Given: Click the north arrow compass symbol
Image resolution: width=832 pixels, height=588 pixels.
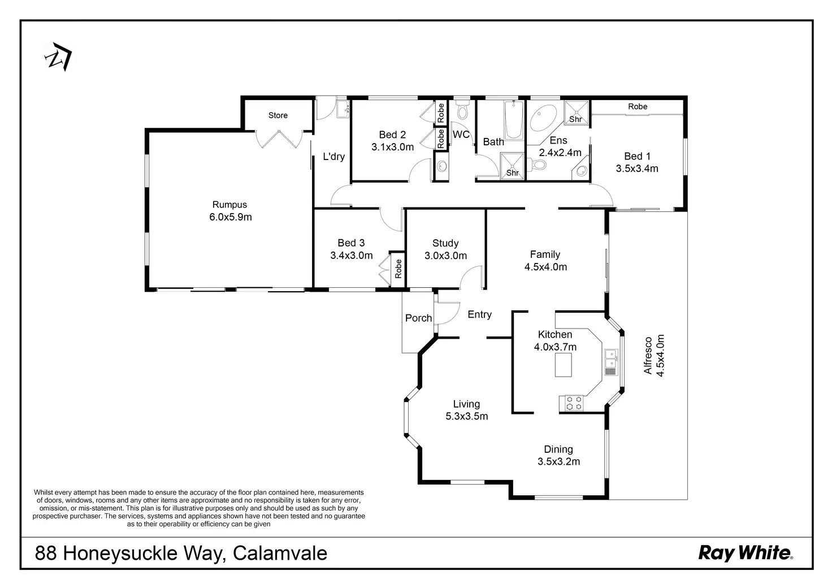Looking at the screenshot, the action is click(58, 57).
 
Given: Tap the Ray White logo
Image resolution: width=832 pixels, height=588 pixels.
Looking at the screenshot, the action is click(746, 552).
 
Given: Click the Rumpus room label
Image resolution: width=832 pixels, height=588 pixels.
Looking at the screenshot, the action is click(229, 205).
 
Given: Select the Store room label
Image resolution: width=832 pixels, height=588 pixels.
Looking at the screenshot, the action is click(278, 115).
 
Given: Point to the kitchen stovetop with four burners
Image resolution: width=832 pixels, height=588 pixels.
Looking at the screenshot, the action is click(574, 403).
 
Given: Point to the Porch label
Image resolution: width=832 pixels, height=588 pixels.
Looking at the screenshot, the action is click(418, 318).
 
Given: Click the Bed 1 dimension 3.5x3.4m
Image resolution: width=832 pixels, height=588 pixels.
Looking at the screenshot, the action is click(637, 168).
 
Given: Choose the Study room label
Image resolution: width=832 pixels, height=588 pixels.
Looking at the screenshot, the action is click(445, 243).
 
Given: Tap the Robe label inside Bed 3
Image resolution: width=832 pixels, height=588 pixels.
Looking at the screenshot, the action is click(398, 269).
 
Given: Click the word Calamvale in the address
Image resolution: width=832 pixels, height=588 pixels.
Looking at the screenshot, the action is click(280, 552).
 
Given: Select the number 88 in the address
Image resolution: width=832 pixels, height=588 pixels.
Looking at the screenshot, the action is click(46, 552).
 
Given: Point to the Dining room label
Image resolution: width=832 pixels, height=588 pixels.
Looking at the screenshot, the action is click(558, 449).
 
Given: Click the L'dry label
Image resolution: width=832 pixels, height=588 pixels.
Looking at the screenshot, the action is click(333, 157).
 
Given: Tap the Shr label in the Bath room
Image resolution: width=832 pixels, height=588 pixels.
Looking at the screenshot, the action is click(512, 173).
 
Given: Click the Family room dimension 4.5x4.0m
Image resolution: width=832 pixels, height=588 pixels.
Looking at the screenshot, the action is click(545, 267).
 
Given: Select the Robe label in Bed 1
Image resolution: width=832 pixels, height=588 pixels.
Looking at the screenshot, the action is click(638, 106).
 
